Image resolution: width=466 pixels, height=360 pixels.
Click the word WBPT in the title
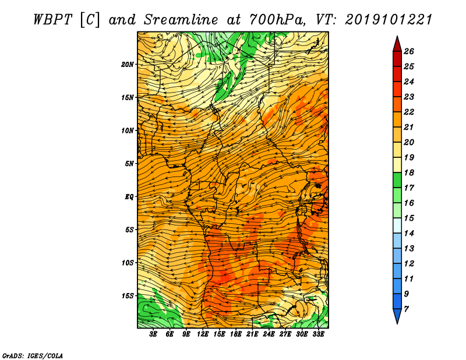tap(52, 20)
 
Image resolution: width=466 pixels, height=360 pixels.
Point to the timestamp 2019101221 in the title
tap(389, 20)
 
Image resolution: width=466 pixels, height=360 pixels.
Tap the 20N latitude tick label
tap(128, 65)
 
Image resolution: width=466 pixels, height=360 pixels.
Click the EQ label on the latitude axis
tap(129, 197)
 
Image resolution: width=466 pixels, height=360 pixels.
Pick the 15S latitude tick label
tap(128, 296)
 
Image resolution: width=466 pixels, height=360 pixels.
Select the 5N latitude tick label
tap(129, 164)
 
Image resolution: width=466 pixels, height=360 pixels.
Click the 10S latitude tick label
tap(128, 263)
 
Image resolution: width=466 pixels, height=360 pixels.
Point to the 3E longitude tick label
tap(153, 334)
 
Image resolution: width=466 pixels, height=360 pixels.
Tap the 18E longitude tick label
tap(236, 334)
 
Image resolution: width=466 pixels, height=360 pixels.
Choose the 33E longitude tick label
tap(318, 334)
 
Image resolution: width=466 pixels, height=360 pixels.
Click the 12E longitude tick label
tap(203, 334)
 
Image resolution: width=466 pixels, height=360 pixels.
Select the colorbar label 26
tap(409, 51)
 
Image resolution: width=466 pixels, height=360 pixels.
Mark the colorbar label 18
tap(409, 172)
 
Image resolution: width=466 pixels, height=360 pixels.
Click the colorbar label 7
tap(406, 309)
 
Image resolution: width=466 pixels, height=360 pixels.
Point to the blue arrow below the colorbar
tap(397, 315)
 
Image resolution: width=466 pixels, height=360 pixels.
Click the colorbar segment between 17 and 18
tap(397, 180)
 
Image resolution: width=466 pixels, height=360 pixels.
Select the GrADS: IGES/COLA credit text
tap(33, 356)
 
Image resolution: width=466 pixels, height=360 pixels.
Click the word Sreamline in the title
tap(181, 20)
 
